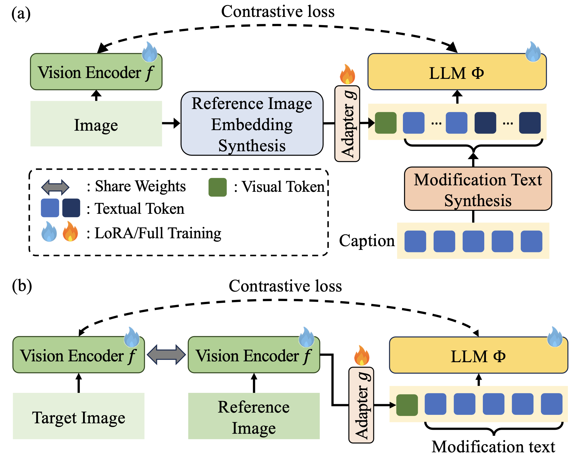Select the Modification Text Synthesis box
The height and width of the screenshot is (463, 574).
478,189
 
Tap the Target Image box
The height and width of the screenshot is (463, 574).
79,416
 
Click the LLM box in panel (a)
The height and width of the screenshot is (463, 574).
457,72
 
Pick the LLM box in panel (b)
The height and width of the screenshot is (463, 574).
478,355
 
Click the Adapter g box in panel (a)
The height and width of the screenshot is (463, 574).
347,124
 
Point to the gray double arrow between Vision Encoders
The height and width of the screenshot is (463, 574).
166,355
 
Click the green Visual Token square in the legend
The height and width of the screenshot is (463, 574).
218,187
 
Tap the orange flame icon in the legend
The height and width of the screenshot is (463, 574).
70,231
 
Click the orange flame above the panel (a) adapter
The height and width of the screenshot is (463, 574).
347,74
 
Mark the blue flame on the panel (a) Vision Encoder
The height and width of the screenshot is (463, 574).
149,52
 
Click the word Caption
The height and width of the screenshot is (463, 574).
367,241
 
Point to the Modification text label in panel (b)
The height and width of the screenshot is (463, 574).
493,447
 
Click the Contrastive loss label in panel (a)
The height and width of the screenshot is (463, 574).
278,12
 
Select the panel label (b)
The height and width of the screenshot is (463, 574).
22,286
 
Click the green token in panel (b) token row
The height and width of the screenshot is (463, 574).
407,405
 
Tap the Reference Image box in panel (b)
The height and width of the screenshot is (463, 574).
254,416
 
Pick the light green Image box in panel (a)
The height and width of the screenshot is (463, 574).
96,124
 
